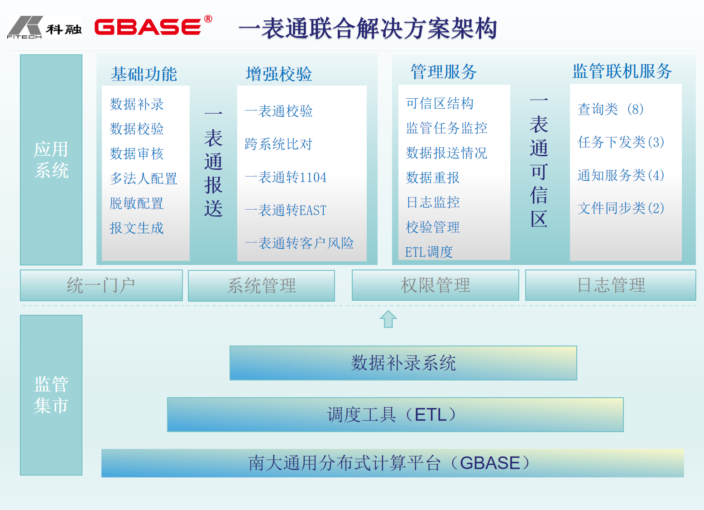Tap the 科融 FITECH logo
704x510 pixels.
tap(44, 27)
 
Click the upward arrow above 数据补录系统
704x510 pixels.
tap(388, 319)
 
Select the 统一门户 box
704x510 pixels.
tap(101, 285)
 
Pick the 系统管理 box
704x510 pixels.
tap(261, 285)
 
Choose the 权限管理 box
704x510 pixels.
tap(435, 285)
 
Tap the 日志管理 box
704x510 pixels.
tap(610, 285)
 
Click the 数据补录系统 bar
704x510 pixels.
tap(403, 363)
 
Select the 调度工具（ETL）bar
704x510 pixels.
tap(395, 414)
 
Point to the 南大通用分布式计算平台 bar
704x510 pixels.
tap(393, 463)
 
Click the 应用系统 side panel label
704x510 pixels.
tap(51, 160)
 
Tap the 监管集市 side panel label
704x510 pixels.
tap(51, 395)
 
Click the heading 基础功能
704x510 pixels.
tap(144, 74)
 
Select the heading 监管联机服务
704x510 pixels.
tap(622, 71)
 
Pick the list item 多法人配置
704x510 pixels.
tap(144, 178)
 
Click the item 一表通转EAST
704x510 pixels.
tap(286, 210)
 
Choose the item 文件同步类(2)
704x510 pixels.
tap(621, 208)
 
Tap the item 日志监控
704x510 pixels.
tap(433, 202)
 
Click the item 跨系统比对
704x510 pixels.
tap(278, 144)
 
